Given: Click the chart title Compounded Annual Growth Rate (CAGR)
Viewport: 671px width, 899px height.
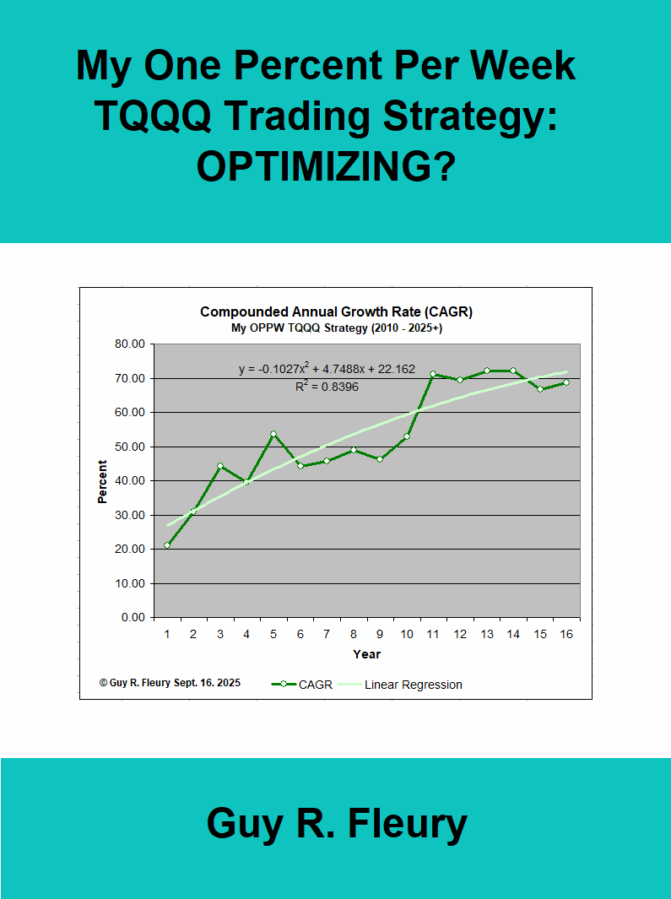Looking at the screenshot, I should coord(336,311).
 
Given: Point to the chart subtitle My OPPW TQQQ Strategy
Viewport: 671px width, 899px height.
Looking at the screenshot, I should coord(336,328).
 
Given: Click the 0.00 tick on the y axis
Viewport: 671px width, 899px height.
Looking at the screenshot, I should coord(133,617).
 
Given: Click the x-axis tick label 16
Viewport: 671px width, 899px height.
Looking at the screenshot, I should coord(566,634).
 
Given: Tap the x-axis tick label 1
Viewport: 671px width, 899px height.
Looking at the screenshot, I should coord(167,634).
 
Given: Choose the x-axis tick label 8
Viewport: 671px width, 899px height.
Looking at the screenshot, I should coord(354,634).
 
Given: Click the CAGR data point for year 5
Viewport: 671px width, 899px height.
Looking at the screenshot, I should coord(273,434).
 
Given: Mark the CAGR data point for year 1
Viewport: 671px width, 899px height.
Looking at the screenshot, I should coord(167,545).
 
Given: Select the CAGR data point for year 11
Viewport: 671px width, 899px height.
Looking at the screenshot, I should coord(433,374).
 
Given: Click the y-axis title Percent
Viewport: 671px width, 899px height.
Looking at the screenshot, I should coord(103,481).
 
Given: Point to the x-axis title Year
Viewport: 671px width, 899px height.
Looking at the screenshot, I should coord(366,654).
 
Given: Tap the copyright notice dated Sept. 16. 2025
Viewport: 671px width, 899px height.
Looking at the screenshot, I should coord(170,683).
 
